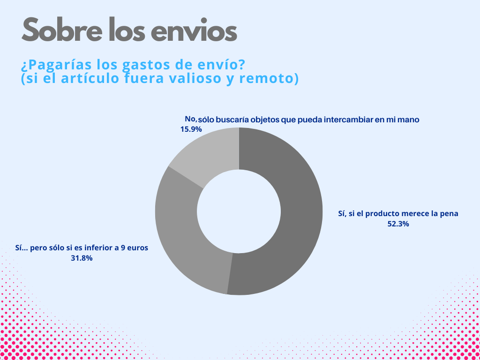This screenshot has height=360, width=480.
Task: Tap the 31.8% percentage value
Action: [82, 258]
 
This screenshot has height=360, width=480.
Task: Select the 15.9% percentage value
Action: [191, 129]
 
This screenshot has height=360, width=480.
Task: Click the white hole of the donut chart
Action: [239, 211]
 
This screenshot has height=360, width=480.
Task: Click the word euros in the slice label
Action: [138, 248]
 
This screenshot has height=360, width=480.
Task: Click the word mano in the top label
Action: [410, 120]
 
